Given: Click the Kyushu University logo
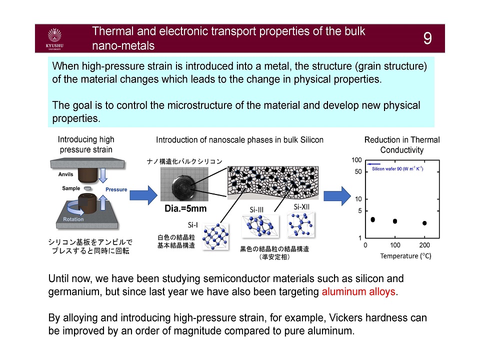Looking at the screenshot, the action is (54, 39).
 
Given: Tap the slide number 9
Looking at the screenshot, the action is (427, 38).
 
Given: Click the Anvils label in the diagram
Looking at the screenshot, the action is (66, 174).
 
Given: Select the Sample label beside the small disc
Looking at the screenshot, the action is (71, 188).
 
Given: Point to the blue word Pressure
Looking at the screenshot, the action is (116, 189).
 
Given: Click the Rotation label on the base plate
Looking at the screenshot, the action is (73, 219).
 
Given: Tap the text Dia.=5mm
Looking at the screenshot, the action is (185, 209).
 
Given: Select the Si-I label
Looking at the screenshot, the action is (193, 225).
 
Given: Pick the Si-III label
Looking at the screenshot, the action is (256, 209).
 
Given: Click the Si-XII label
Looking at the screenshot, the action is (301, 207).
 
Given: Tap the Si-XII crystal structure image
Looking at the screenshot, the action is (301, 225).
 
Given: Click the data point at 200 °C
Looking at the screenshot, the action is (424, 223).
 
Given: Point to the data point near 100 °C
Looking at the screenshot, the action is (395, 221).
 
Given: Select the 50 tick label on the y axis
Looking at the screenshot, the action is (358, 171).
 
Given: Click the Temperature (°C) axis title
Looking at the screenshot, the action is (405, 256).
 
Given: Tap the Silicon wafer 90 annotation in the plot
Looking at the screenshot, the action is (397, 168).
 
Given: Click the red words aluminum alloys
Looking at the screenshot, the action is (358, 291).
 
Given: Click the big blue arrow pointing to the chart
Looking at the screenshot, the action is (337, 196).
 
